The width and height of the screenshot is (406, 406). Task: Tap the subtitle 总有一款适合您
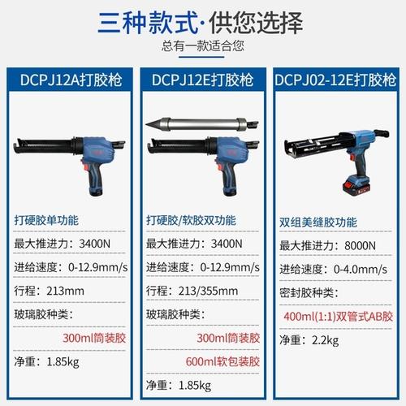tap(203, 45)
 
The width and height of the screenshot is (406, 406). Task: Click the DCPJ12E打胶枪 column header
tap(203, 80)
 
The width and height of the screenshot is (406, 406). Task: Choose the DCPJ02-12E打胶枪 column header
tap(335, 80)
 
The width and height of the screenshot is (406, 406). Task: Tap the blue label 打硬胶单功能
tap(48, 219)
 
